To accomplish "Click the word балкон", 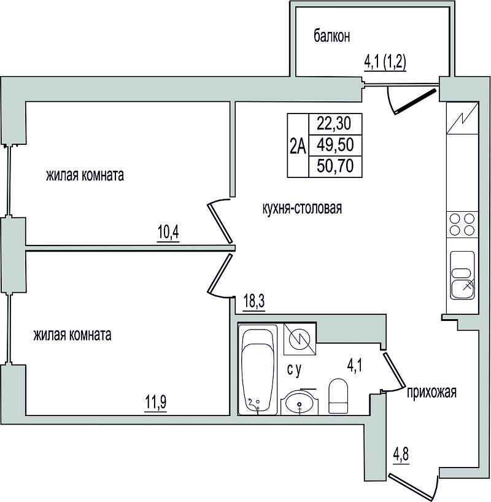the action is (331, 36).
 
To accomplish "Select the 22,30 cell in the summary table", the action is (335, 123).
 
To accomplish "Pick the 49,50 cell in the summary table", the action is (335, 145).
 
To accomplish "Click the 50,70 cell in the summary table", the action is (335, 166).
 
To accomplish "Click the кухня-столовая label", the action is (302, 208).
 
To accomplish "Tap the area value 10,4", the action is (168, 232).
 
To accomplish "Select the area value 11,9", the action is (156, 402).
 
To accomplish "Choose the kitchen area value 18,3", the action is (254, 301).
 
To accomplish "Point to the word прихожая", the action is (431, 392).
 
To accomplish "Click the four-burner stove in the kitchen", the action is (462, 225).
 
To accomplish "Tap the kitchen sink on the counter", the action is (462, 276).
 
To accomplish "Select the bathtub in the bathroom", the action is (257, 370).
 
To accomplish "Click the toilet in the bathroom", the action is (338, 396).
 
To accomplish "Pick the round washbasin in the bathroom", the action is (300, 402).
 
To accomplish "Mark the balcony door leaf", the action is (416, 101).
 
